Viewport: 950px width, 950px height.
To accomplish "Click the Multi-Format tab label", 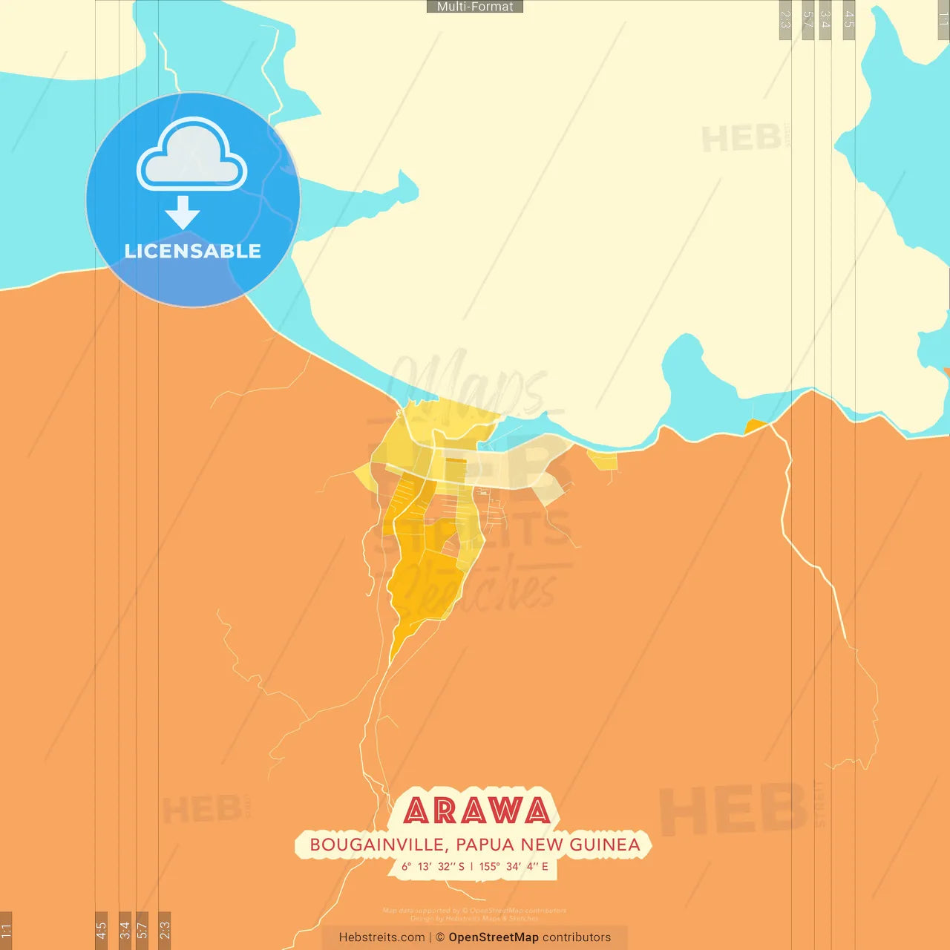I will [x=475, y=7].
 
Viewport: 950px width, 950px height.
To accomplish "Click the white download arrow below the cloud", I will [x=183, y=212].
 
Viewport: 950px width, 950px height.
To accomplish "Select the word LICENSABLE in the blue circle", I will [x=193, y=252].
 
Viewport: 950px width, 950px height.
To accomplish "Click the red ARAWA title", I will [x=477, y=811].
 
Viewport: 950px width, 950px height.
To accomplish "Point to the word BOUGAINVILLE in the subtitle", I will [x=377, y=845].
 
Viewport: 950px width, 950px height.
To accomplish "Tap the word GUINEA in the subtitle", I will [x=604, y=845].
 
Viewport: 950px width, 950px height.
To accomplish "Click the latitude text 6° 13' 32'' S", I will [x=433, y=866].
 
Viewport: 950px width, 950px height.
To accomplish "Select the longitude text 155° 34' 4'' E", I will [x=514, y=866].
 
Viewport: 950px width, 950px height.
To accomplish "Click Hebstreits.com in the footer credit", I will [x=381, y=937].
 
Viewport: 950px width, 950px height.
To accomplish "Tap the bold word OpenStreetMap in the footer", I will [x=494, y=937].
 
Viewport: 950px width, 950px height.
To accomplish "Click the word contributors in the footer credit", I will [x=577, y=937].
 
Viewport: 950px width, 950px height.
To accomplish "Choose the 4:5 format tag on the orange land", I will [x=102, y=930].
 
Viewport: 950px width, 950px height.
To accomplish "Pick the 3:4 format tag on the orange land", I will [x=125, y=930].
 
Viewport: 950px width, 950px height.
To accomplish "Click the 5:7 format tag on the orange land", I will [x=142, y=930].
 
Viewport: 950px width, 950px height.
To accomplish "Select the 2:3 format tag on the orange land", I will [x=165, y=930].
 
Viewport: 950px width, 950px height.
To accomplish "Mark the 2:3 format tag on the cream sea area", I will [x=785, y=19].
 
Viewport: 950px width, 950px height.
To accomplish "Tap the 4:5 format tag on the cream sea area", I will [x=849, y=19].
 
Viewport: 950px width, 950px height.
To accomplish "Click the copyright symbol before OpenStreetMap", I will [x=440, y=937].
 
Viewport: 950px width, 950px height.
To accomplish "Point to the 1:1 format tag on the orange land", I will [x=6, y=930].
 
